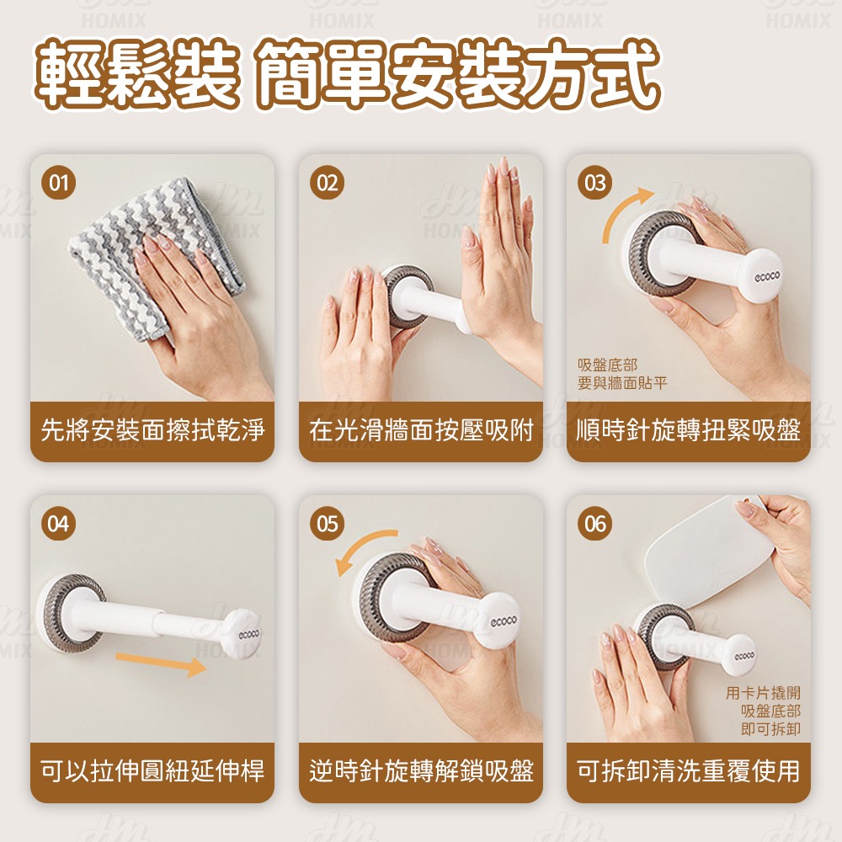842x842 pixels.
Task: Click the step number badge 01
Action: click(59, 183)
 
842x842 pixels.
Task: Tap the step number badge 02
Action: click(327, 183)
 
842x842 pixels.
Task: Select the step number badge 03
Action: click(595, 183)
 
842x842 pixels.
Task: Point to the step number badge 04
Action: click(59, 524)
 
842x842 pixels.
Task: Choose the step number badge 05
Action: click(327, 524)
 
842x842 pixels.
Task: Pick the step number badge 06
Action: click(595, 524)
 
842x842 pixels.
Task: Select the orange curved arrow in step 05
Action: click(359, 544)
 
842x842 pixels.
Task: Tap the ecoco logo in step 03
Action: click(767, 276)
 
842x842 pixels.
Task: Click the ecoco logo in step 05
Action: click(504, 621)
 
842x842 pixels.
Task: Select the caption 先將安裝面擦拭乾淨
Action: click(152, 430)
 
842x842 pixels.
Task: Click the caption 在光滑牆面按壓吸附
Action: click(421, 430)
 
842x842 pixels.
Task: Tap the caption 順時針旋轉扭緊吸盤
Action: click(689, 430)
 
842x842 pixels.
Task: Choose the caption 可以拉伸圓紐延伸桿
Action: click(152, 771)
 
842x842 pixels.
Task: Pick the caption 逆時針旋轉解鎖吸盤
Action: click(421, 771)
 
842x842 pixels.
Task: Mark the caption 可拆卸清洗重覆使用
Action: click(689, 771)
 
